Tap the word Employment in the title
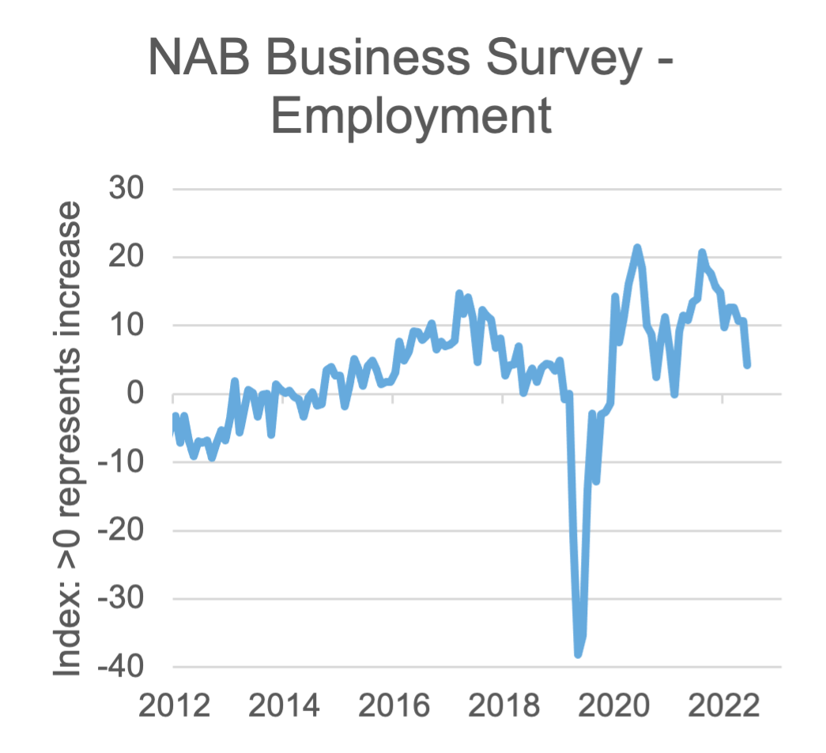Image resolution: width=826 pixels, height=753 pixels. [x=411, y=116]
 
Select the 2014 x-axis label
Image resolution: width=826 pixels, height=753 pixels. [x=284, y=706]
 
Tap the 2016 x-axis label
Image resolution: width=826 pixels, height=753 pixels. [x=394, y=706]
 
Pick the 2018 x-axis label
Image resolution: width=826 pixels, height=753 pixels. [x=504, y=706]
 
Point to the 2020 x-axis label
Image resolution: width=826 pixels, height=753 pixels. [x=613, y=706]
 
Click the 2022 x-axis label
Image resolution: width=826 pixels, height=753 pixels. [x=722, y=706]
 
